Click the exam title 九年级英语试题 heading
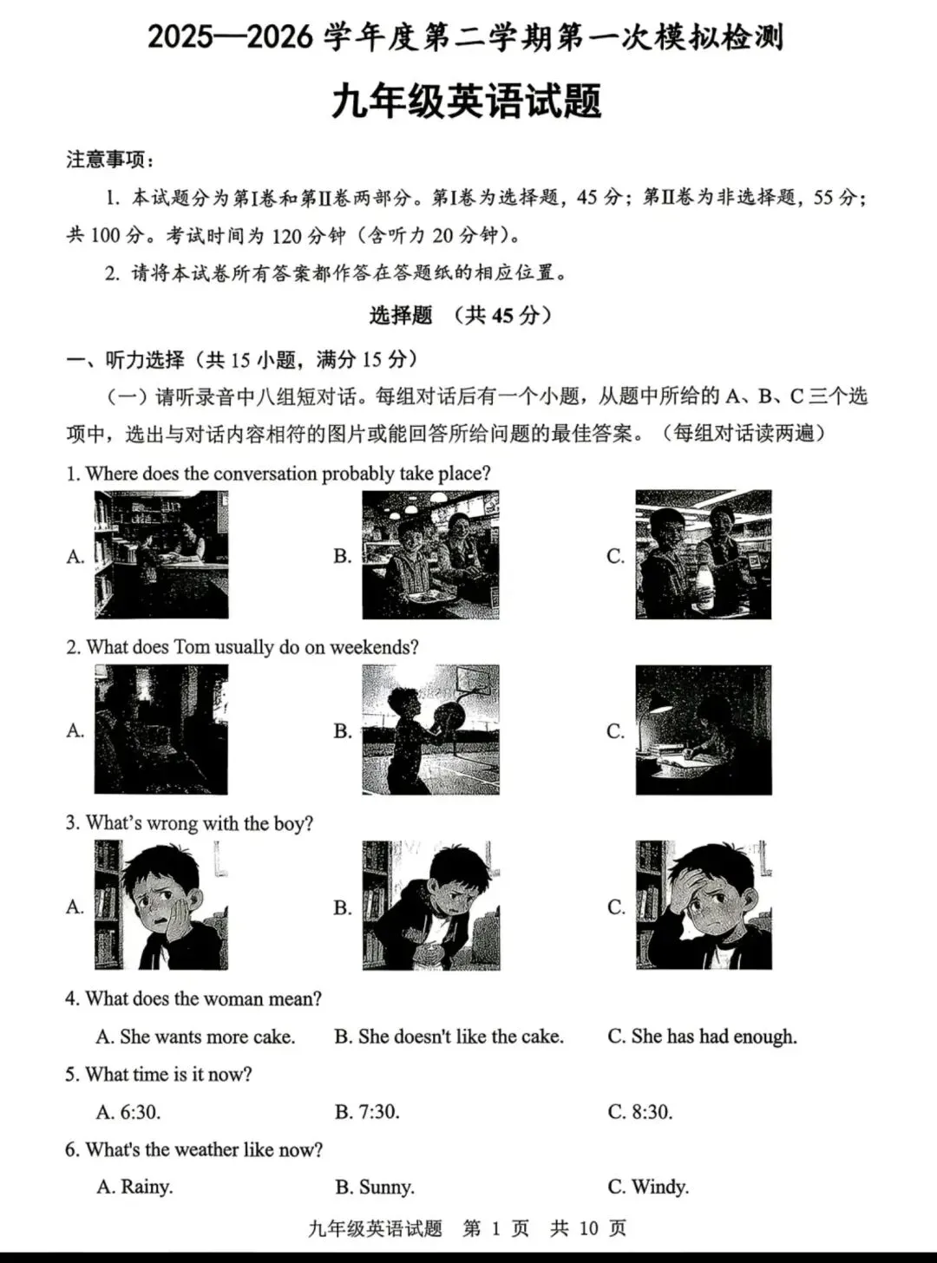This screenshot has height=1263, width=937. pos(466,101)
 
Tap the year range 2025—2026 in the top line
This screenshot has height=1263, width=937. pos(230,37)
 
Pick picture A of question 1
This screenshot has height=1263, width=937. pos(161,554)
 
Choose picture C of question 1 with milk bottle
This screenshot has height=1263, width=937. pos(703,554)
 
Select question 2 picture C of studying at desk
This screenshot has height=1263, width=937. pos(703,730)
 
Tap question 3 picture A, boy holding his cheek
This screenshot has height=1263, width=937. pos(161,905)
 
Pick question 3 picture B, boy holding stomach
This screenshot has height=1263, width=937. pos(430,905)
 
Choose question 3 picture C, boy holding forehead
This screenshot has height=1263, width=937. pos(703,905)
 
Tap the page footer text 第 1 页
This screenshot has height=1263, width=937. pos(496,1228)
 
